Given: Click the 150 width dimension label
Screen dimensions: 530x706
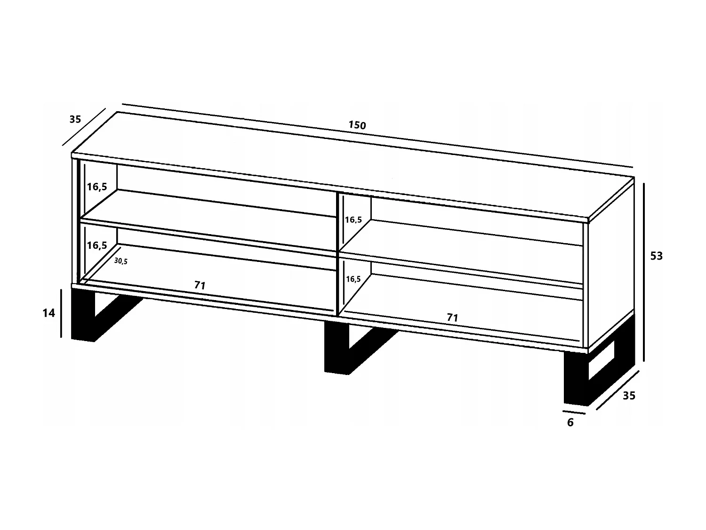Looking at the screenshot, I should click(x=357, y=125).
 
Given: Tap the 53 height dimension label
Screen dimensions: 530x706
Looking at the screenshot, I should click(x=656, y=256).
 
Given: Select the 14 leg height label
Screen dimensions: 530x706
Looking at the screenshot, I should click(x=49, y=313).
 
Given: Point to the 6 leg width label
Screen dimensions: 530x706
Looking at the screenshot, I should click(x=570, y=423).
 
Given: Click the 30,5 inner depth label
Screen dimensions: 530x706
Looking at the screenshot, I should click(x=121, y=261).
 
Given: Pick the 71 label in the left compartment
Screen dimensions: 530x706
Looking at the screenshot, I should click(x=200, y=285).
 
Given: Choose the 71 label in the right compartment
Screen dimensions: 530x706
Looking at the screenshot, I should click(x=452, y=318).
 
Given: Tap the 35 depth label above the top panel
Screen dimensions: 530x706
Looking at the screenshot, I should click(x=75, y=120).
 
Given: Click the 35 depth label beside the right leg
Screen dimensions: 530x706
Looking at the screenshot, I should click(x=629, y=396).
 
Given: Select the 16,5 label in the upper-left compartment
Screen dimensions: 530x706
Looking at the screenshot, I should click(x=97, y=187).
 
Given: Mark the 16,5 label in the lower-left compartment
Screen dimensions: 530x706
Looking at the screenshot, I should click(x=97, y=245).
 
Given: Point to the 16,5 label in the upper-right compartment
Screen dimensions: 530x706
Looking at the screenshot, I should click(x=353, y=220).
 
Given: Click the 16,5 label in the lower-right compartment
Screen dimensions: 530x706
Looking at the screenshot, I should click(x=353, y=279).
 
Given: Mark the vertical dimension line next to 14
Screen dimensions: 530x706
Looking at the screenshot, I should click(x=61, y=313).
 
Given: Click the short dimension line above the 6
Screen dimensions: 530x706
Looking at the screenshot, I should click(x=574, y=412).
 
